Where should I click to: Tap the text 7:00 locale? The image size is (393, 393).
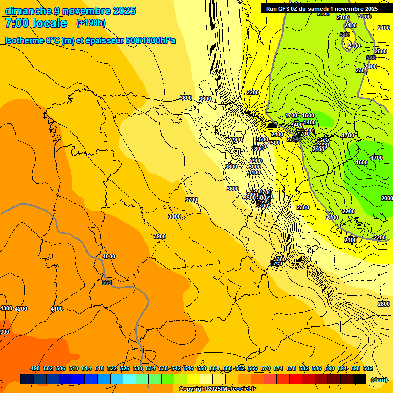pos(36,23)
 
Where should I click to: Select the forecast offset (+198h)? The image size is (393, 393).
pos(91,23)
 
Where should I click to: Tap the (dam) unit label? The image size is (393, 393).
pos(379,379)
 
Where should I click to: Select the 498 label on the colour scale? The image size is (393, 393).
pos(35,368)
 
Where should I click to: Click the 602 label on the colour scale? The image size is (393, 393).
pos(368,368)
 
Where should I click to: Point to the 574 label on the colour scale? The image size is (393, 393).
pos(278,368)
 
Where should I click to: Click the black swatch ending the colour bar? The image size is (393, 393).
pos(360,379)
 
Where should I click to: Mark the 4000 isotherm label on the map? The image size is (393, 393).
pos(109,256)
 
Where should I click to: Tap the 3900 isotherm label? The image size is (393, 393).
pos(160,236)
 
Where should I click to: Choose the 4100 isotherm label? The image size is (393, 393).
pos(57,309)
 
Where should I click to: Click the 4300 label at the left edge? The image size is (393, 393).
pos(6,308)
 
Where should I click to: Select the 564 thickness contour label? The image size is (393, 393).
pos(107,282)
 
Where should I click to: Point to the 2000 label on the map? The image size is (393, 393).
pos(387,198)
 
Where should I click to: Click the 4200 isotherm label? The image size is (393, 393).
pos(21,309)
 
